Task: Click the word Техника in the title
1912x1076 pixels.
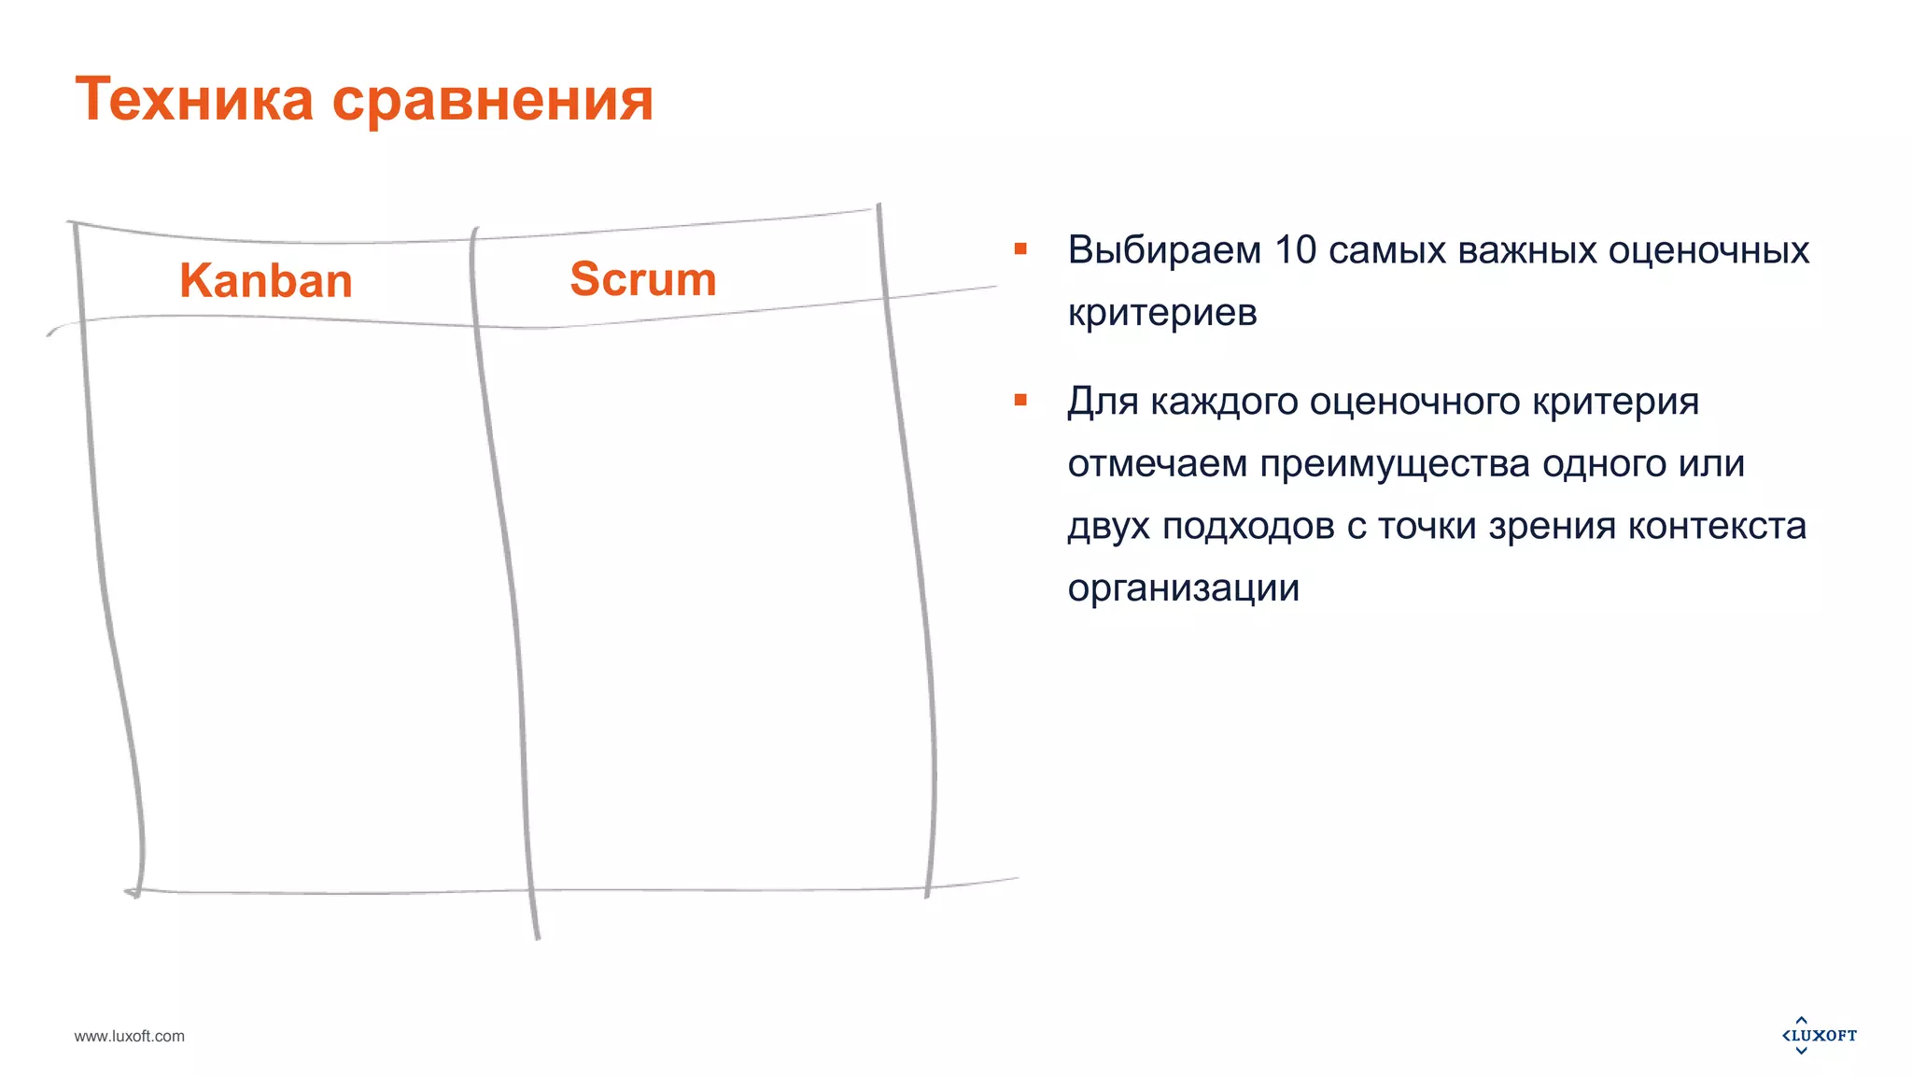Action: [x=194, y=99]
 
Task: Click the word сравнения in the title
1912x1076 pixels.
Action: [x=493, y=101]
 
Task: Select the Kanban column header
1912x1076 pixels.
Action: [x=266, y=280]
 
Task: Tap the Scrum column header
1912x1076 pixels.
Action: [x=643, y=278]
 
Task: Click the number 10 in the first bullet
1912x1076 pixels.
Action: [x=1295, y=250]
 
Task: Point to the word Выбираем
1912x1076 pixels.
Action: [x=1164, y=250]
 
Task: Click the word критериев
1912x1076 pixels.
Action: [x=1162, y=312]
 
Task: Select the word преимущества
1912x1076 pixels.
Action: [x=1395, y=463]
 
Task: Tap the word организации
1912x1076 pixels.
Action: [x=1183, y=588]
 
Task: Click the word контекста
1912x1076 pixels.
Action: [x=1717, y=526]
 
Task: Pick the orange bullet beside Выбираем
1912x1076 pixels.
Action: [x=1020, y=249]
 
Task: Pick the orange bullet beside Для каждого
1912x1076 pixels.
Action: [x=1020, y=401]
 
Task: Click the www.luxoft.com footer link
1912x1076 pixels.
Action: [x=130, y=1036]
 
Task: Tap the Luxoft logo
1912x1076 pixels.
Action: [x=1819, y=1035]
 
